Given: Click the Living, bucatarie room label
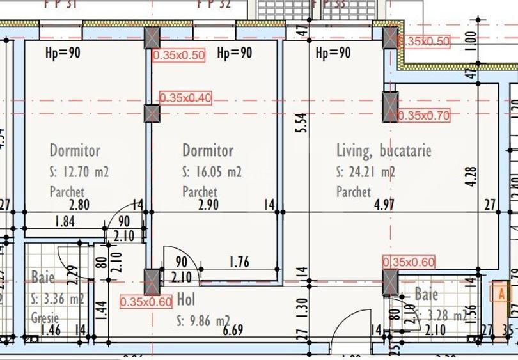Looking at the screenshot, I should (384, 151).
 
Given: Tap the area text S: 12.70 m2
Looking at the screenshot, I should (79, 172).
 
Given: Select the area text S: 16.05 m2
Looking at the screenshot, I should (212, 172).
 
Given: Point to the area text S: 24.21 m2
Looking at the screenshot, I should (366, 172).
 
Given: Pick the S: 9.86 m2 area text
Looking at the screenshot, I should (204, 320).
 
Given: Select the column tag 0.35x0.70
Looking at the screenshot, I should (423, 116).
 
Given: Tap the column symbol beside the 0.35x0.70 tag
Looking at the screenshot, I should (390, 107).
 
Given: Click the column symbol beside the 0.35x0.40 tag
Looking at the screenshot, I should (152, 114).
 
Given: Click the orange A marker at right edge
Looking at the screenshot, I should (498, 293).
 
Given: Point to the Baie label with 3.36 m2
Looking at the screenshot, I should (42, 278).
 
